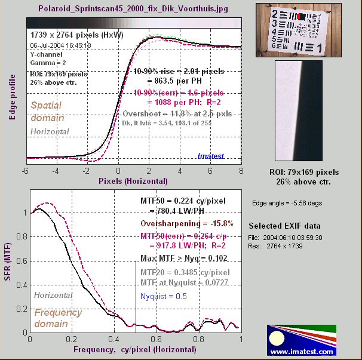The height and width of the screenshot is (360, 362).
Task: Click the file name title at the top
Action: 135,10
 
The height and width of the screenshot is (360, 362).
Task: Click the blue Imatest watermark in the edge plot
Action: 210,156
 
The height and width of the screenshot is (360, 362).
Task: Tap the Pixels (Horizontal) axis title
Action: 133,180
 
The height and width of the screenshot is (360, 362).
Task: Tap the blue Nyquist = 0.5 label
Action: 163,296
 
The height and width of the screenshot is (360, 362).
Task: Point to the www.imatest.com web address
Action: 301,352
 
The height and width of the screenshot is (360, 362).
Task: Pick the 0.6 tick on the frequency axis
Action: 157,339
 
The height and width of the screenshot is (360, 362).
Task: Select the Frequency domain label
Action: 58,318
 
